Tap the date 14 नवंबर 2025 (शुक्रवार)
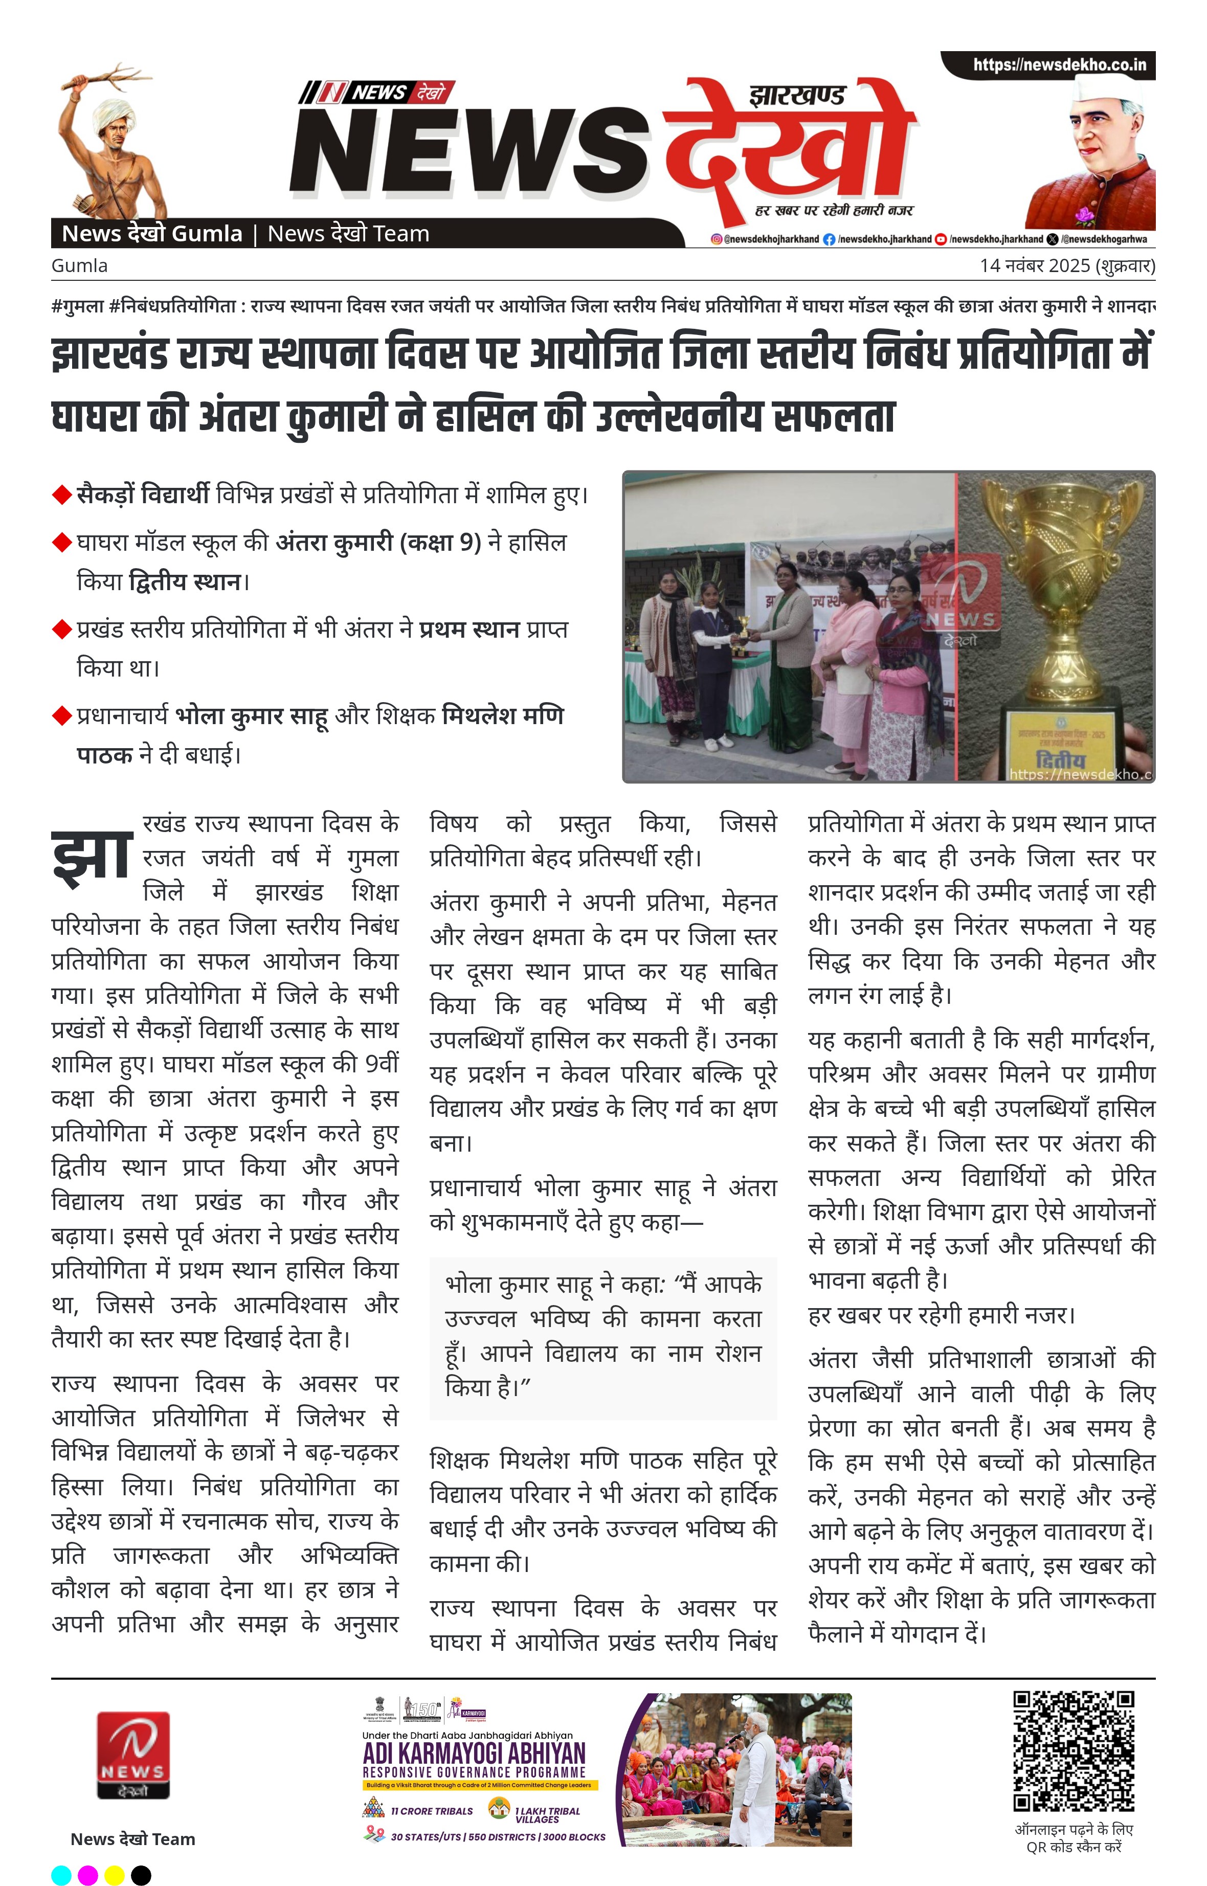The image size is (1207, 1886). pos(1067,265)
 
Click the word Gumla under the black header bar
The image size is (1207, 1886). pos(79,265)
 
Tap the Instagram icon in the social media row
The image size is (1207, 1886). pos(716,239)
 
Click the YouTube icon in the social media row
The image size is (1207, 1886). pos(941,239)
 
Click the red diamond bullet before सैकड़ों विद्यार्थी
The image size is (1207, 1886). pos(61,495)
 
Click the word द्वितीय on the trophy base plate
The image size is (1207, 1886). pos(1060,759)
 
